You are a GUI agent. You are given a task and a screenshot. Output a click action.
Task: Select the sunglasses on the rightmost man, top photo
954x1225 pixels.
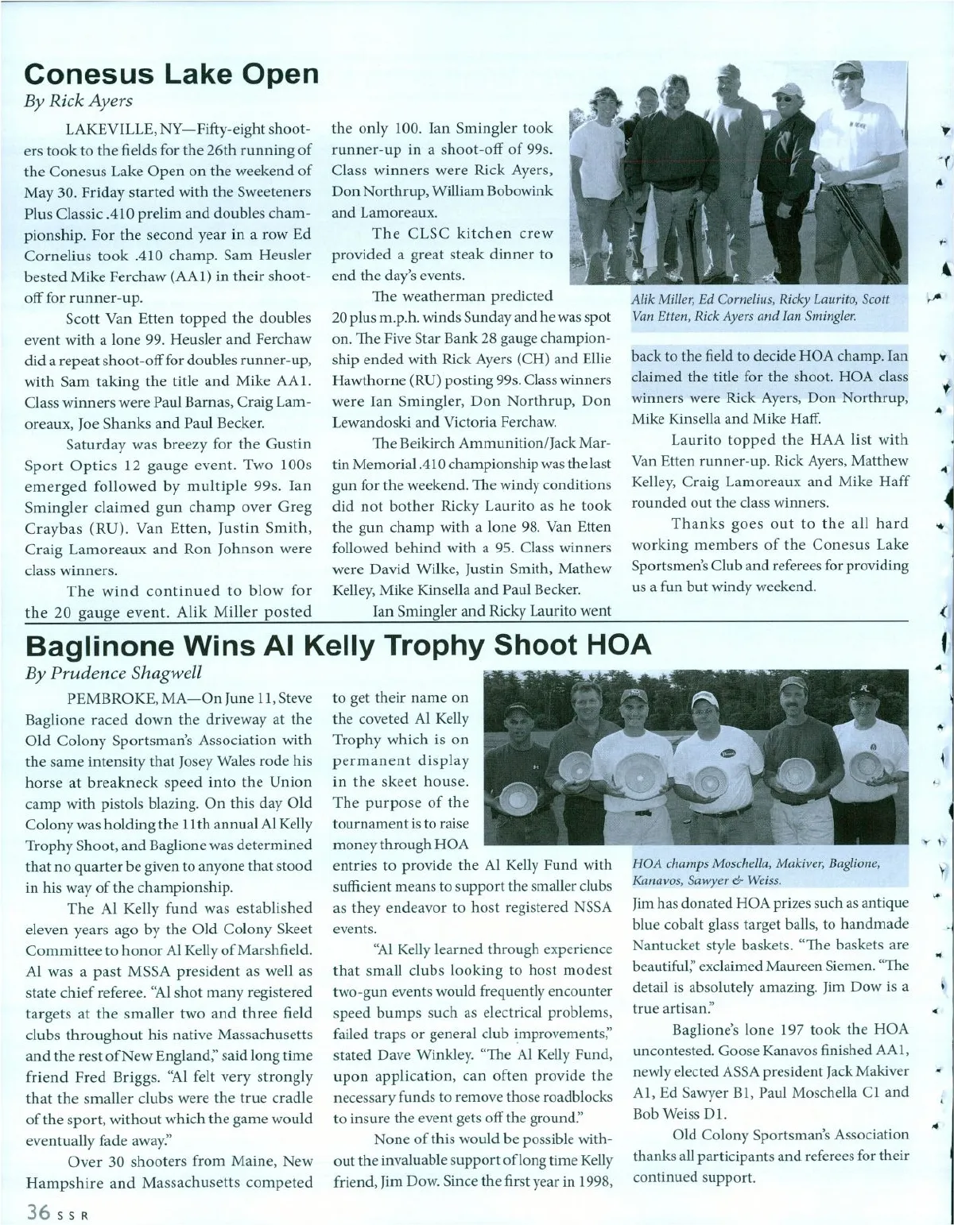pos(847,76)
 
